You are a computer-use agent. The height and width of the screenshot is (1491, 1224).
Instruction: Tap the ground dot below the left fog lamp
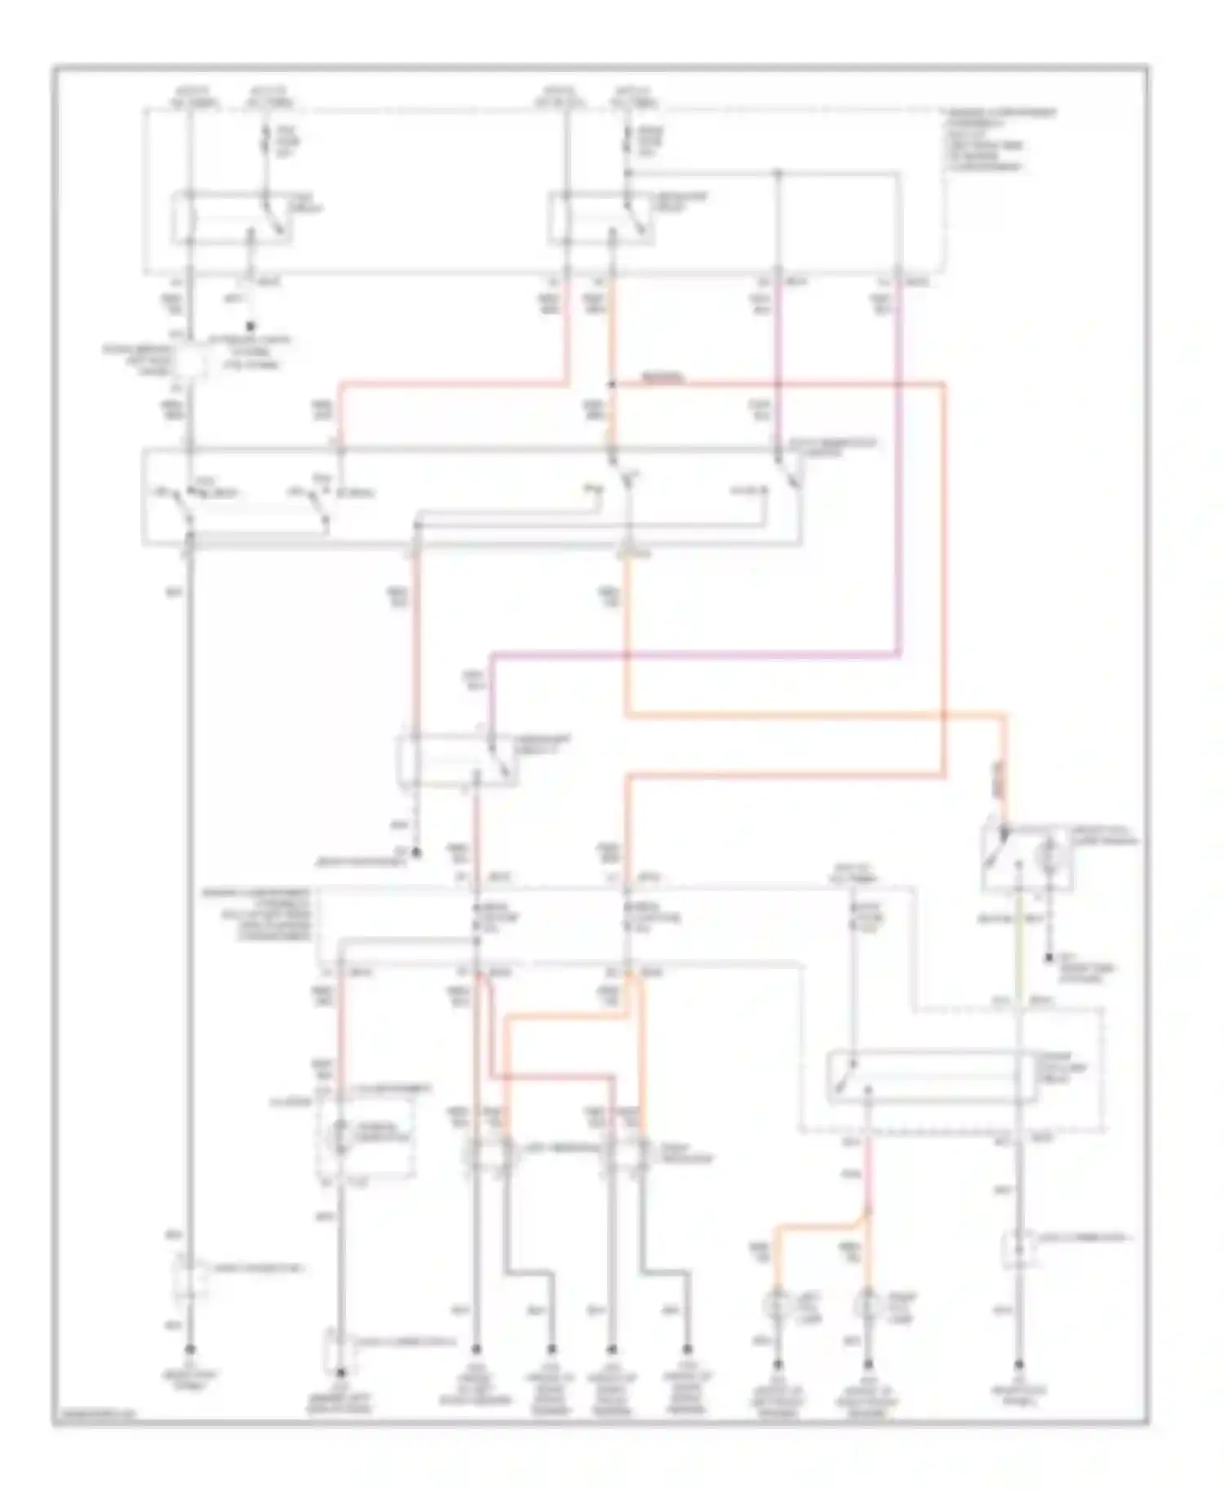click(778, 1365)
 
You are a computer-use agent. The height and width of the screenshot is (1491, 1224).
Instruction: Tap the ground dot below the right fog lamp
click(868, 1365)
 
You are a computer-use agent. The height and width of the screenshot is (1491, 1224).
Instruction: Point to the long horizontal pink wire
click(694, 654)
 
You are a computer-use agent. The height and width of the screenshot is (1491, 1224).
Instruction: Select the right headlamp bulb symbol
click(627, 1153)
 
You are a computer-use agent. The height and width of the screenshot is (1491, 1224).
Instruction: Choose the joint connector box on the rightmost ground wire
click(1019, 1249)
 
